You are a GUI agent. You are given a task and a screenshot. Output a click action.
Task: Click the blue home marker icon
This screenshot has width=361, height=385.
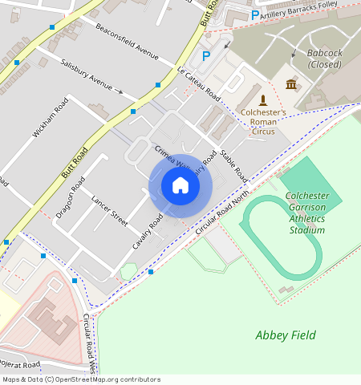[x=180, y=185]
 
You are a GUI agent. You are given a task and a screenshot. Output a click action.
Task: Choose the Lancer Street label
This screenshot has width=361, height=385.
[x=109, y=210]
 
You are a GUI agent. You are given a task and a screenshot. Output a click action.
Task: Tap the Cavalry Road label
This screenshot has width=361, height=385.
[x=148, y=232]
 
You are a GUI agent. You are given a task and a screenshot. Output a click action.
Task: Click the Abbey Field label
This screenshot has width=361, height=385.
[x=285, y=335]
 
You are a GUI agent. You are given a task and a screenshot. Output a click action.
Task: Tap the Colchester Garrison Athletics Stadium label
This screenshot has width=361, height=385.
[x=307, y=213]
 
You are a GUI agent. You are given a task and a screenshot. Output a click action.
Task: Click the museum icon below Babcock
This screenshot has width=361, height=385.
[x=290, y=84]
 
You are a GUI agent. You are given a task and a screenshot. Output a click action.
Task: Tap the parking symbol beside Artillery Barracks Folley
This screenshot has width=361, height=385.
[x=255, y=14]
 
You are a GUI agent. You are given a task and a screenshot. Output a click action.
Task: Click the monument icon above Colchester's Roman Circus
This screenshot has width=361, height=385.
[x=262, y=99]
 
